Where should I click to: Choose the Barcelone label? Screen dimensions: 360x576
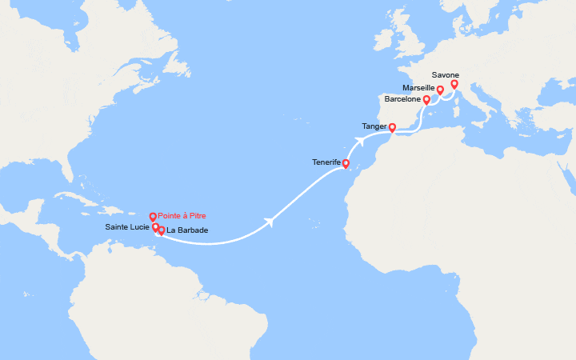(402, 100)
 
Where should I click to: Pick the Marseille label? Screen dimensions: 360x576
(420, 87)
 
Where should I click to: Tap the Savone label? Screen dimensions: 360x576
(445, 75)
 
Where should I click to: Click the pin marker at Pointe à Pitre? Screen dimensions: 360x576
(153, 217)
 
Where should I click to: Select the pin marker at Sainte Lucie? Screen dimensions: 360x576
(155, 227)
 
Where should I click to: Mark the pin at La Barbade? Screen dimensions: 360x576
(161, 231)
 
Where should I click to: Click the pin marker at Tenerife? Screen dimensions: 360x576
(346, 164)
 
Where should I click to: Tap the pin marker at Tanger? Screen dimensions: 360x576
(392, 127)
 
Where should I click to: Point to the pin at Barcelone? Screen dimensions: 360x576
(426, 100)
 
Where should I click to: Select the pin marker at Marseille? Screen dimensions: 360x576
(440, 90)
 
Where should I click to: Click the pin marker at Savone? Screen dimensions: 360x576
(454, 84)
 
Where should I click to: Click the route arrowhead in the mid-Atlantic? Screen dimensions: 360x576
(274, 222)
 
